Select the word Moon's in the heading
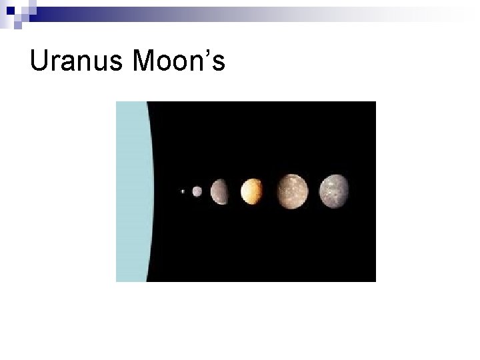(x=180, y=62)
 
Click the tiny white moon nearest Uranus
(x=183, y=191)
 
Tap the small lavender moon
(x=197, y=191)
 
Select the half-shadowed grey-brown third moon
(x=220, y=191)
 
